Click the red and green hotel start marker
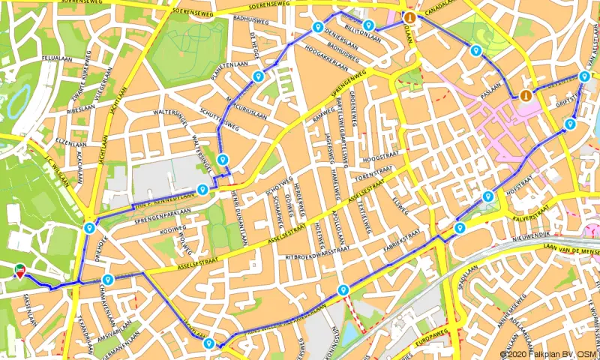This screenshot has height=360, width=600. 19,270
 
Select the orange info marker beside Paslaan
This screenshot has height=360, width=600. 525,95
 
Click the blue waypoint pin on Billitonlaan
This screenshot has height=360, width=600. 369,25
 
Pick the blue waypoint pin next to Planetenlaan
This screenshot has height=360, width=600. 258,76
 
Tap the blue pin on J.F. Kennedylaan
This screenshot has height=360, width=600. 202,189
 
